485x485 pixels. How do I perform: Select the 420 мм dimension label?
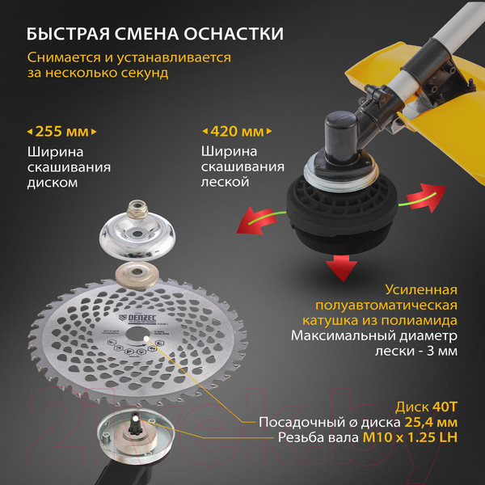click(x=235, y=130)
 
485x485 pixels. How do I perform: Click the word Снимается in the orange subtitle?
click(x=61, y=58)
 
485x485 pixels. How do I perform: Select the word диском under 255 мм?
click(x=53, y=183)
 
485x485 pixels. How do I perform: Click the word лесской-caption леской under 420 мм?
click(x=226, y=183)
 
